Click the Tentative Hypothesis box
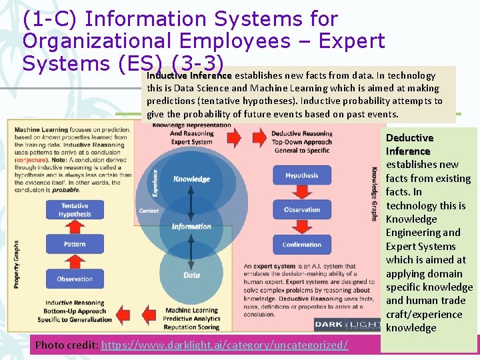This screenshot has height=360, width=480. click(x=75, y=210)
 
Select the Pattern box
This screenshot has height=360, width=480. click(x=75, y=244)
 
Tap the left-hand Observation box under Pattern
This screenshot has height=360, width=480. click(x=75, y=279)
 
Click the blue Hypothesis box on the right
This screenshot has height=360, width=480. click(x=302, y=175)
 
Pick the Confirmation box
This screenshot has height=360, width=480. click(x=302, y=245)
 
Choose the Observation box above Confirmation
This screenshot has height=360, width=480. click(x=302, y=209)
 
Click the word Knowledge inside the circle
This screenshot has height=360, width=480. click(x=191, y=179)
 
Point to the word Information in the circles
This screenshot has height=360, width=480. click(x=191, y=226)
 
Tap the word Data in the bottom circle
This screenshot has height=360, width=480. click(x=191, y=275)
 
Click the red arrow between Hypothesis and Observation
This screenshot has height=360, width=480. click(x=302, y=193)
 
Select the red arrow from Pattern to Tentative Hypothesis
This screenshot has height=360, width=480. click(x=75, y=227)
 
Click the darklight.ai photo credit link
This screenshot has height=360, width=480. click(x=224, y=345)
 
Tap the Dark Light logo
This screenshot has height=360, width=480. click(x=347, y=324)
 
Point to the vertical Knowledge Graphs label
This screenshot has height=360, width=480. click(x=374, y=194)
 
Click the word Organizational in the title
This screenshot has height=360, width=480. click(x=86, y=41)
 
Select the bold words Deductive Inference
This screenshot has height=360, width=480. click(x=409, y=144)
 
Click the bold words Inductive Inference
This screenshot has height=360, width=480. click(x=189, y=76)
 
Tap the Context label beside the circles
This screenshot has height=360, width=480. click(x=149, y=211)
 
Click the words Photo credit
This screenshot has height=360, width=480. click(x=65, y=345)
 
